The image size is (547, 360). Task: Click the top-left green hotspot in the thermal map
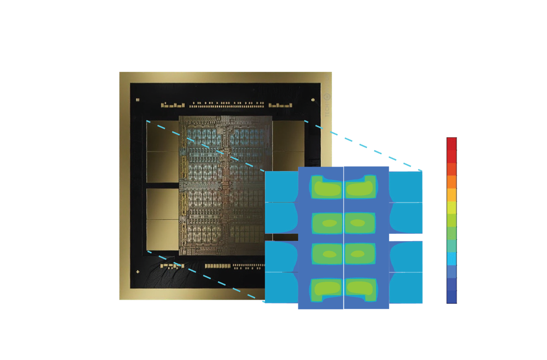click(x=327, y=186)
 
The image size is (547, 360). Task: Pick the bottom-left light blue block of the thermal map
click(x=281, y=288)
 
